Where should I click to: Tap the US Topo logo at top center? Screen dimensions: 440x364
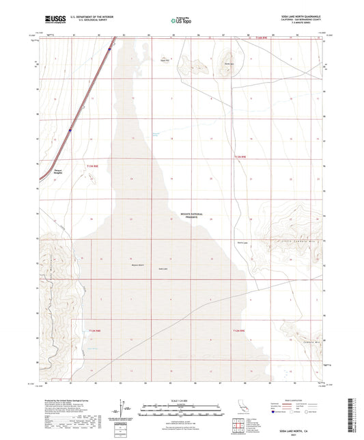point(181,20)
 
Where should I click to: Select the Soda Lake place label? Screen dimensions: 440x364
point(144,269)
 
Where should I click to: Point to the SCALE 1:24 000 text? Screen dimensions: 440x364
point(181,398)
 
